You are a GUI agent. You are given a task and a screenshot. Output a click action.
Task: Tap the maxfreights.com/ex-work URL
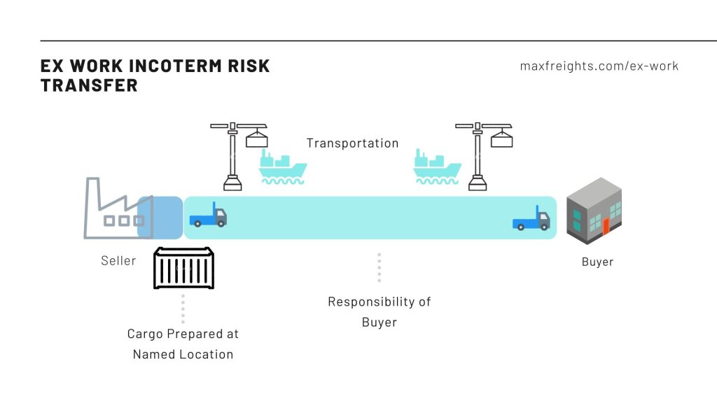click(599, 66)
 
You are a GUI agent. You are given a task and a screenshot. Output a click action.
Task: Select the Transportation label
click(352, 143)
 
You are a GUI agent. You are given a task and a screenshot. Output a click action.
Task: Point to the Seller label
click(118, 260)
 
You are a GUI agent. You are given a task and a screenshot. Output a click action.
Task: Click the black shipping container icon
click(183, 268)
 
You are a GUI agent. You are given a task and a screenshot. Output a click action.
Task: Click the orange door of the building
click(606, 227)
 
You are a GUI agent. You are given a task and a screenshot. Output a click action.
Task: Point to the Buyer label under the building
click(597, 262)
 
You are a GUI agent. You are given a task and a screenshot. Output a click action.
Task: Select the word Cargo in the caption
click(144, 334)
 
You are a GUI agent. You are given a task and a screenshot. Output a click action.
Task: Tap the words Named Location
click(183, 354)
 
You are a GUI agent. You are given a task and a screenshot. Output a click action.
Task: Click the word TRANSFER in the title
click(89, 85)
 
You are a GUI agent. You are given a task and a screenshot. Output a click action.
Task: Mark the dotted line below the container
click(183, 308)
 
